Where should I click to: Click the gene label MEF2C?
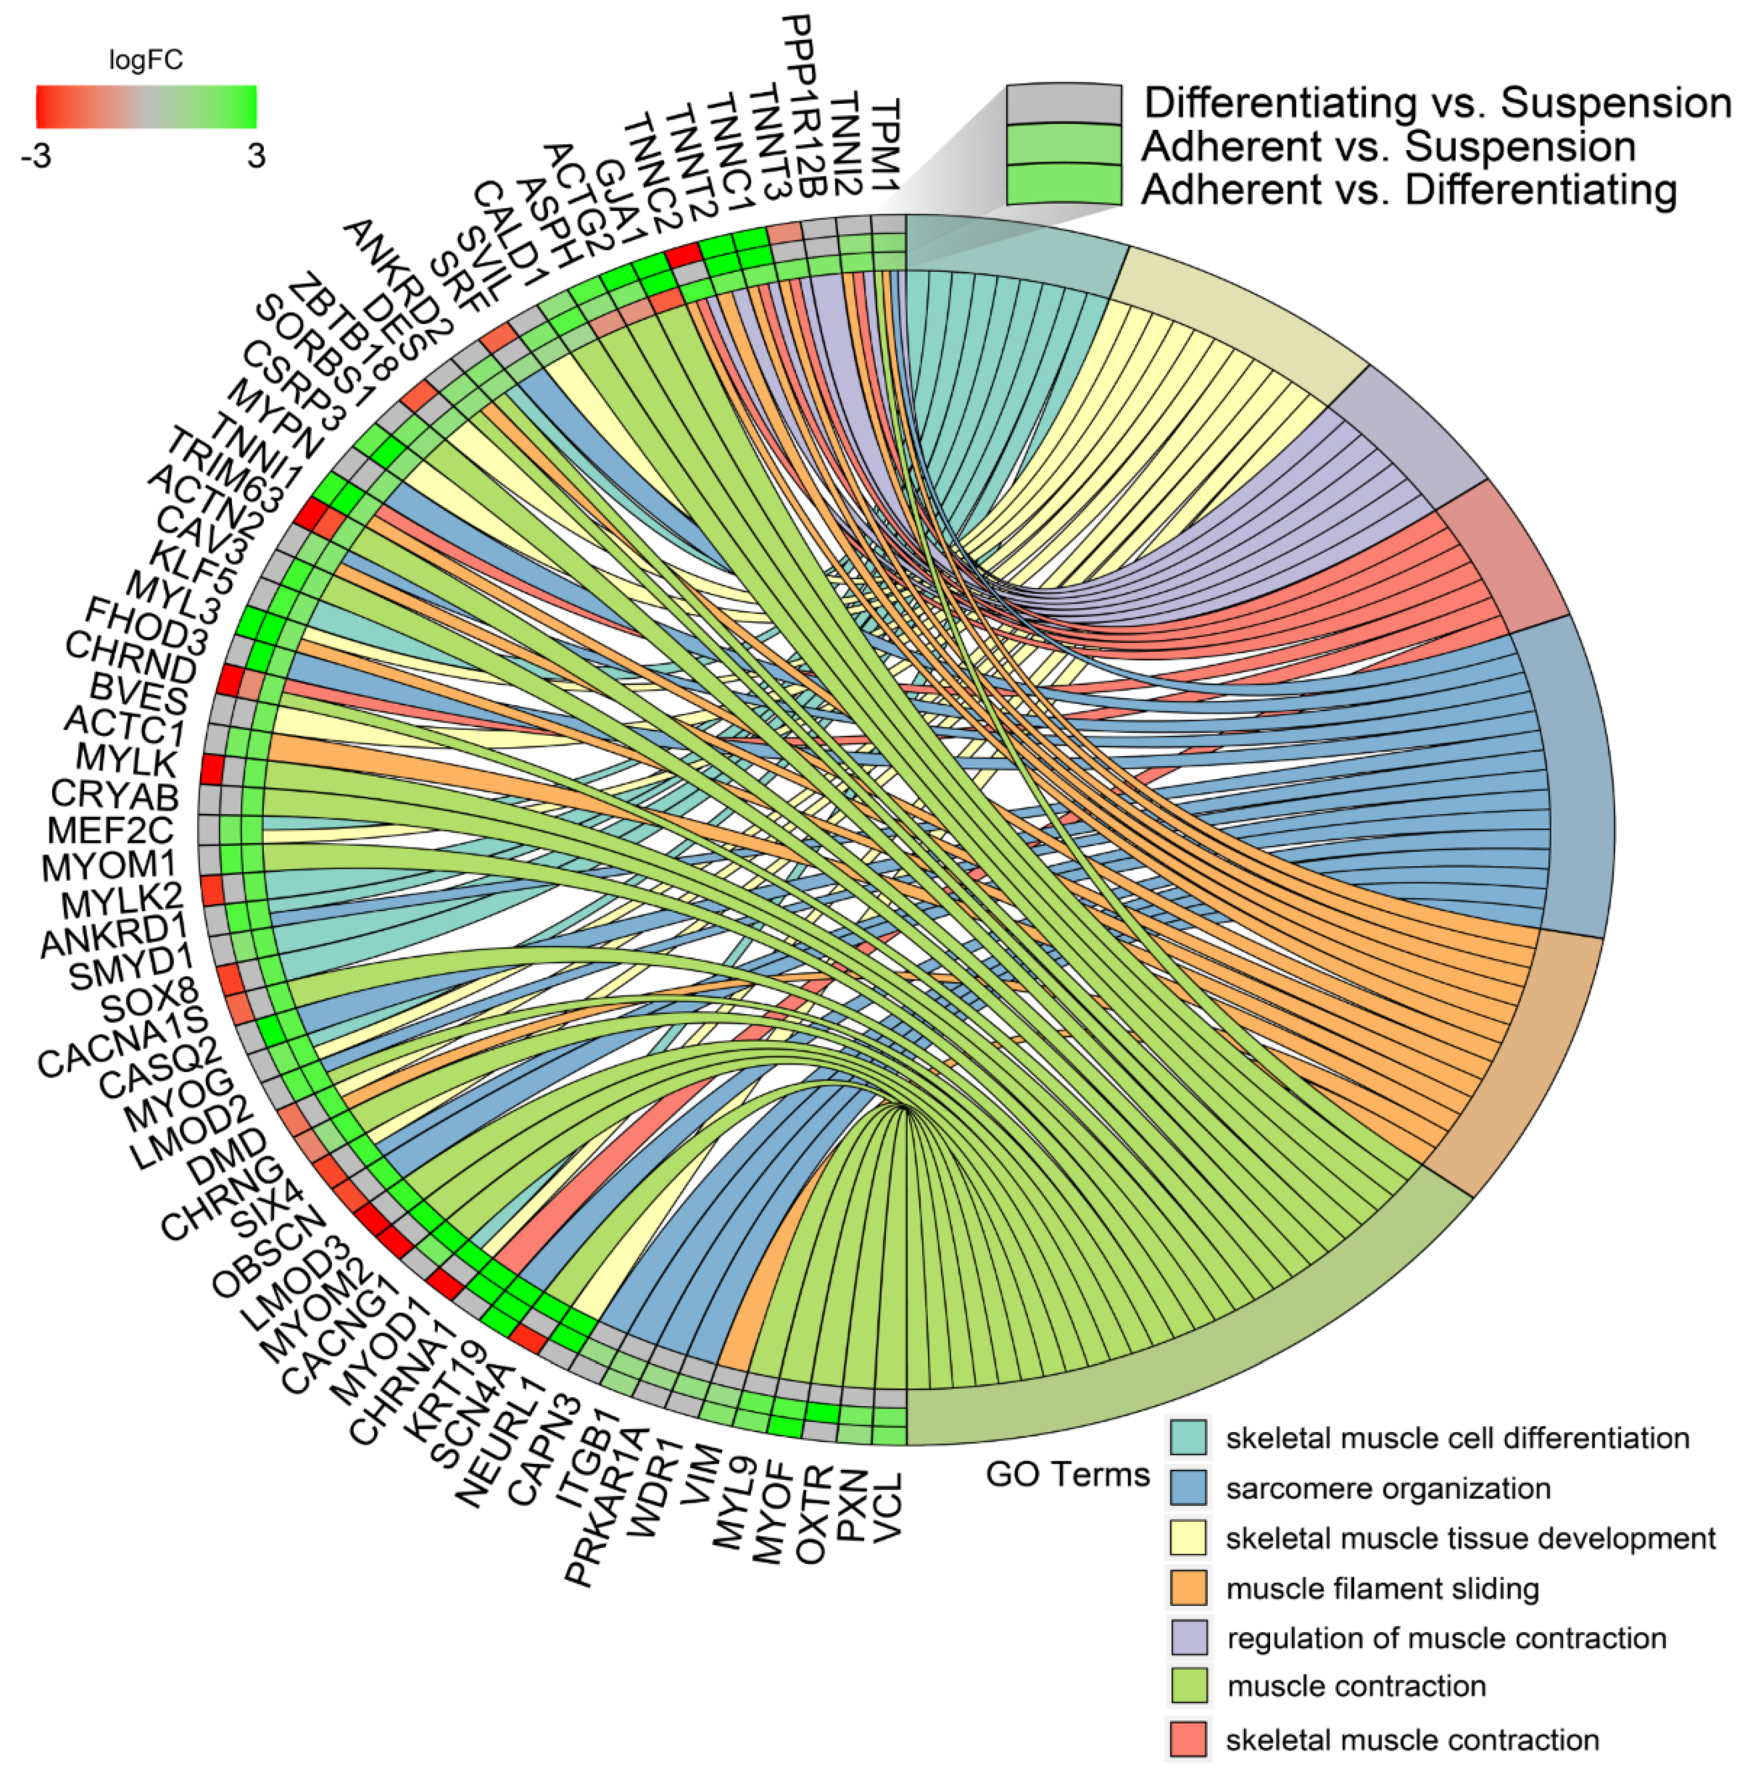[x=110, y=831]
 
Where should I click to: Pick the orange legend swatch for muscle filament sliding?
[x=1188, y=1588]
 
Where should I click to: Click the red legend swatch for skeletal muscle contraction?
[x=1188, y=1739]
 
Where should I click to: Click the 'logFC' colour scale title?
[x=146, y=61]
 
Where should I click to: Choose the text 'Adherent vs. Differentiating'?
[x=1408, y=189]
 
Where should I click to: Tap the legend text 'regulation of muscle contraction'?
[x=1447, y=1637]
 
